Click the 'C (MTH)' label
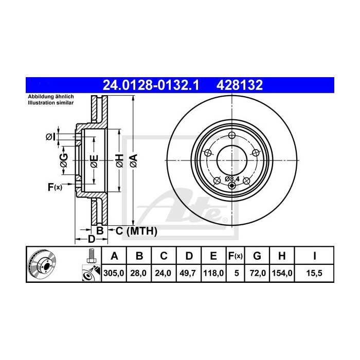(x=134, y=231)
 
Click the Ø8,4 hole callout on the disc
(x=232, y=178)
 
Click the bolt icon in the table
(x=91, y=256)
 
